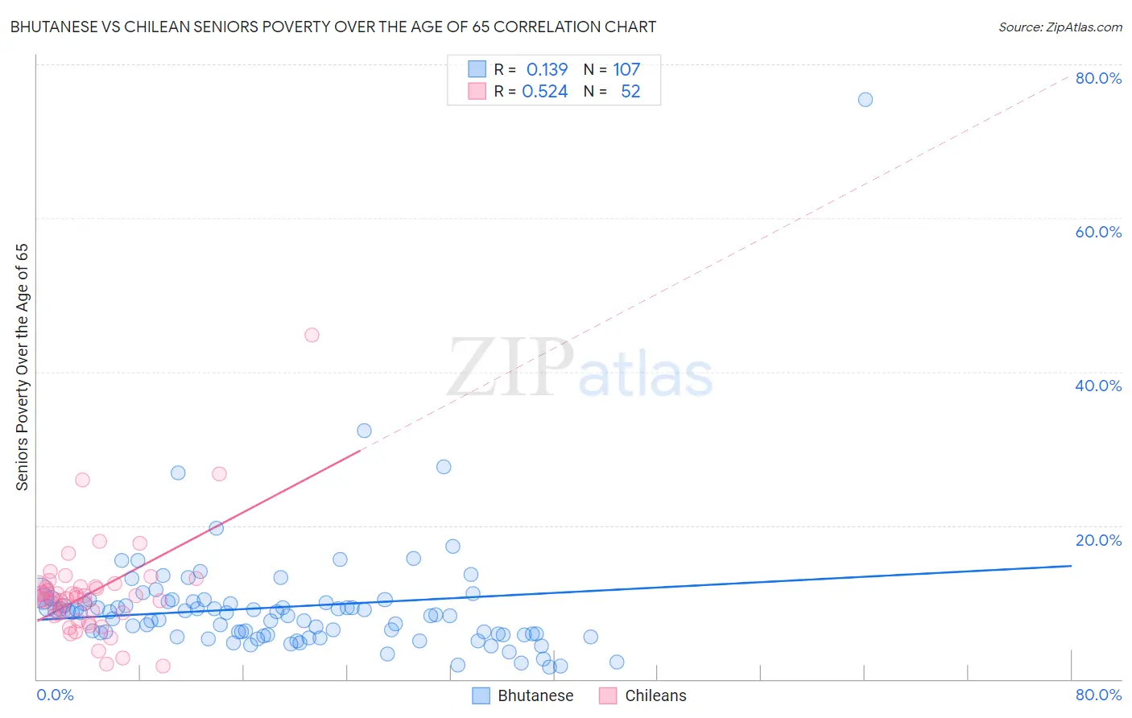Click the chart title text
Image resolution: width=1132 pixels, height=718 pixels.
333,27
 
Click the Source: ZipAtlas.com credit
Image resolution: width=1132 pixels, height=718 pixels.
1060,27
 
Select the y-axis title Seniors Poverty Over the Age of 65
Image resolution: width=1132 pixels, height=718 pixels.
22,367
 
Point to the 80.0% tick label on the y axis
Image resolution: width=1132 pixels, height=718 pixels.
1098,78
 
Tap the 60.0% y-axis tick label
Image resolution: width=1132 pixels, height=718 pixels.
1098,232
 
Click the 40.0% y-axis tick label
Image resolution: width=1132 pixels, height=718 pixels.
1098,386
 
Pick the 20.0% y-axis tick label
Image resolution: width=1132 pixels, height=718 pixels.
1098,540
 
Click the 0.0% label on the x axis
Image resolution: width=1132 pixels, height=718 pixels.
55,695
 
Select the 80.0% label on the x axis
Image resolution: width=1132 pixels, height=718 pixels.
1098,695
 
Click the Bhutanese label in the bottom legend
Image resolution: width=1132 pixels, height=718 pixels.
535,696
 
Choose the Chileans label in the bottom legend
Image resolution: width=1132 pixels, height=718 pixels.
655,696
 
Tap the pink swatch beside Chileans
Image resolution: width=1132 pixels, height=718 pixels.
608,696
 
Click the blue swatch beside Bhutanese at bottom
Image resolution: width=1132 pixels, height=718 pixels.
481,696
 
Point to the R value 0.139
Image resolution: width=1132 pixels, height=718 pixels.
547,70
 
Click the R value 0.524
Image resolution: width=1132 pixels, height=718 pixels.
545,92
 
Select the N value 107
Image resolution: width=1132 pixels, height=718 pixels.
626,70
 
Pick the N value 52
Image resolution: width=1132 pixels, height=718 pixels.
630,92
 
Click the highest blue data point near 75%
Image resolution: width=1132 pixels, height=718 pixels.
866,100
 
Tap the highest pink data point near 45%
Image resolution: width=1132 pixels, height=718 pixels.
312,335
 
